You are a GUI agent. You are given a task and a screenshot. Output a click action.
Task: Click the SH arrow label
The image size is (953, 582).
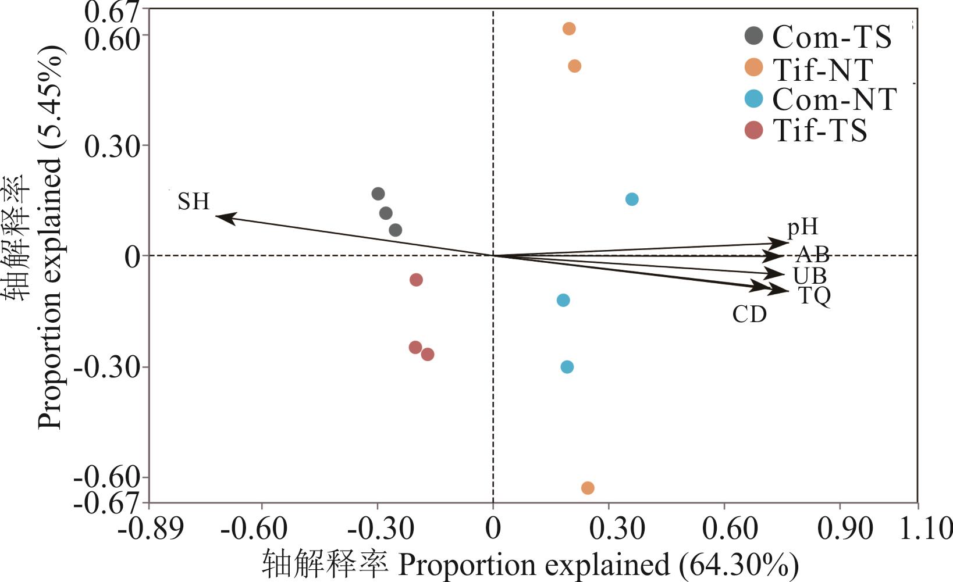coord(193,202)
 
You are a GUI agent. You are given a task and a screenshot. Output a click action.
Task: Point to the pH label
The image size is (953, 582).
coord(802,227)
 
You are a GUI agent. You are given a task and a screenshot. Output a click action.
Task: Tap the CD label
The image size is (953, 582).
coord(749,315)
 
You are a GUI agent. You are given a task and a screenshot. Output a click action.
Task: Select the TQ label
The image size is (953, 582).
coord(815,296)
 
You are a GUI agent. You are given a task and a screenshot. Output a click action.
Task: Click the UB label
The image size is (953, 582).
coord(809,275)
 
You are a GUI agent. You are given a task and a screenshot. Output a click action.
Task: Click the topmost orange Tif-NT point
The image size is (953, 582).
coord(569,28)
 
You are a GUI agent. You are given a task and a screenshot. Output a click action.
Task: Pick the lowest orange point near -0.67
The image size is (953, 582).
coord(588,488)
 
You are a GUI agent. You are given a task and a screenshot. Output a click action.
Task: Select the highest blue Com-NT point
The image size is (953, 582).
coord(632,199)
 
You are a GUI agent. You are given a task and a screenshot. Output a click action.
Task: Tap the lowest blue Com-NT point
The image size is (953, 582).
coord(567,367)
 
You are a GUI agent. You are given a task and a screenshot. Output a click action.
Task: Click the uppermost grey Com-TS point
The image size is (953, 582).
coord(378,194)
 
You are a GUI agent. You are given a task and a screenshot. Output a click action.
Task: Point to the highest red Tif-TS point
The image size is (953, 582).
coord(416,280)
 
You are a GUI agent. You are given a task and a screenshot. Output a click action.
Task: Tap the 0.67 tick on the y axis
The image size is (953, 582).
coord(112,12)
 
